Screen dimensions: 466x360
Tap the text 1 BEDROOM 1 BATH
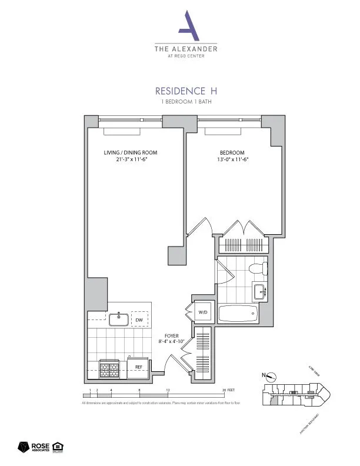tap(185, 102)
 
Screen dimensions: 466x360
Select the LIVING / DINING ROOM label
tap(131, 152)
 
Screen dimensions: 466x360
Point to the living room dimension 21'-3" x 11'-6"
tap(131, 159)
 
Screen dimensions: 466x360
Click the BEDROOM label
tap(229, 152)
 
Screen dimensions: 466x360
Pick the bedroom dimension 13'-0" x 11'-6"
tap(229, 159)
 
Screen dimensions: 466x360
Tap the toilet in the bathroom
tap(257, 270)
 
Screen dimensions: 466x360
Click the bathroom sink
tap(259, 291)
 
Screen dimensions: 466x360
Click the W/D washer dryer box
tap(202, 312)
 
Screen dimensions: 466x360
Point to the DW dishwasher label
tap(139, 320)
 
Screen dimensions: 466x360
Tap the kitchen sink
tap(119, 319)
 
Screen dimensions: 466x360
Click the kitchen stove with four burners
tap(110, 369)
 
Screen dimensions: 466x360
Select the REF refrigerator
tap(139, 367)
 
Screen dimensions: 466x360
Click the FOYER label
tap(171, 335)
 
